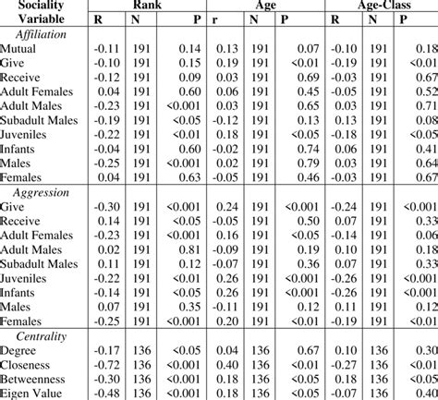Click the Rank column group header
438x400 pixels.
pos(146,5)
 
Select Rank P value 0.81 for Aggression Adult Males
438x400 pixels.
pos(187,248)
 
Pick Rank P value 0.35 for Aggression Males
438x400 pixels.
pos(187,305)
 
